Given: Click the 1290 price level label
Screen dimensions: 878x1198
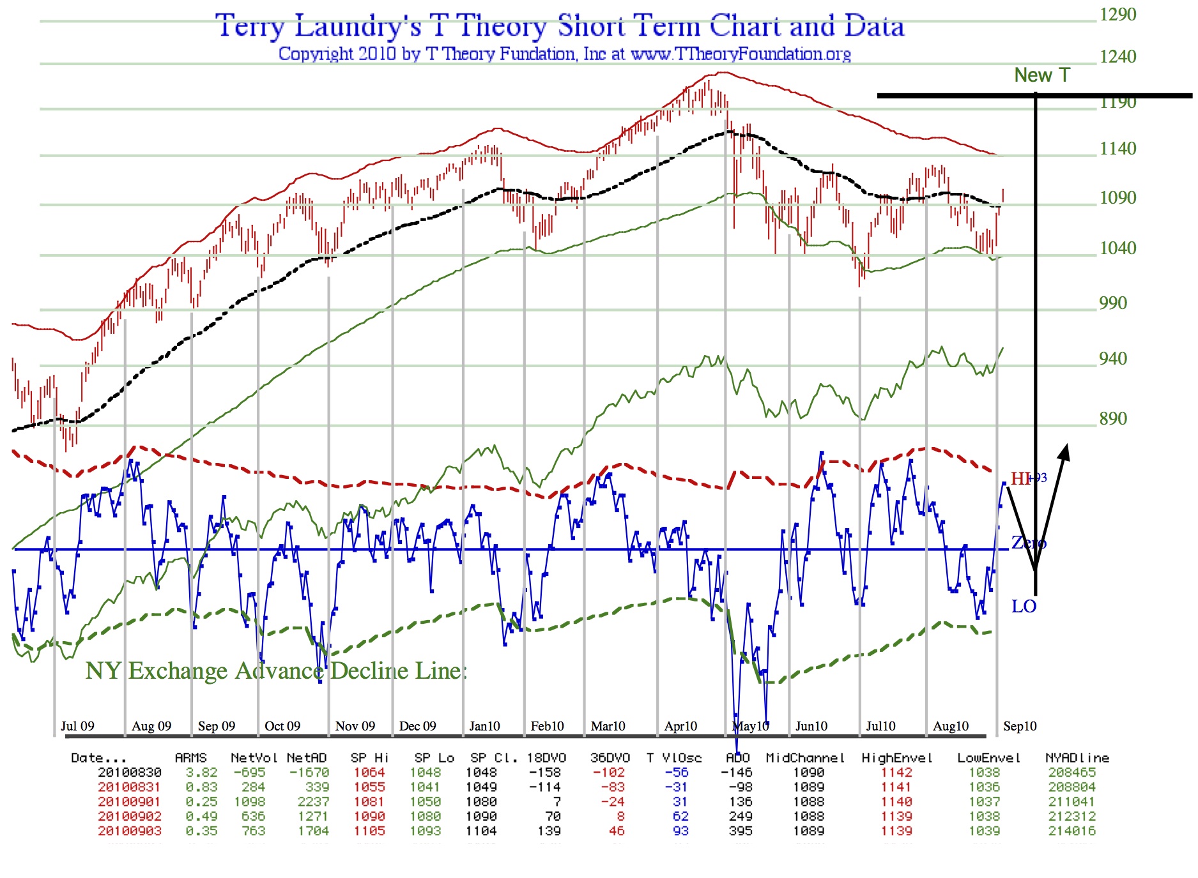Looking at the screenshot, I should click(1117, 15).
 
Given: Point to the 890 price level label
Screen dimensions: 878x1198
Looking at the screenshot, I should click(1113, 419).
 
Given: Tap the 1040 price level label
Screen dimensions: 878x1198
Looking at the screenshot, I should click(1117, 248).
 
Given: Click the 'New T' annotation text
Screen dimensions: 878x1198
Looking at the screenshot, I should click(1041, 75).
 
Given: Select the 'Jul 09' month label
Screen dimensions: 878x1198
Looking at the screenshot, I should click(77, 726).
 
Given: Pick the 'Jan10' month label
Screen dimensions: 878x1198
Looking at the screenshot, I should click(484, 726).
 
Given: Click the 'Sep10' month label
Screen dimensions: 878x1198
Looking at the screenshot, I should click(1020, 726).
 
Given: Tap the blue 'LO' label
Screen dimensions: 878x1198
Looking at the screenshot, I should click(1024, 607).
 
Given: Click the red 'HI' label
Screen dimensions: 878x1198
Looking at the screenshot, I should click(1020, 478).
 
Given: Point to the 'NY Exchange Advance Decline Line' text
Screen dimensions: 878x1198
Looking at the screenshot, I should click(276, 671).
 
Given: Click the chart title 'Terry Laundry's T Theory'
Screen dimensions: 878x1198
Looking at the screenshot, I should click(560, 27).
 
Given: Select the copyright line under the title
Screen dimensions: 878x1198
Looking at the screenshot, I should click(564, 54).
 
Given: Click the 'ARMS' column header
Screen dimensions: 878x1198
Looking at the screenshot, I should click(190, 758).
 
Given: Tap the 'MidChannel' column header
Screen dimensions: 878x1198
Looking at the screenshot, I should click(805, 758).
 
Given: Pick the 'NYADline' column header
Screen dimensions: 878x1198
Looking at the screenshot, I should click(1077, 758).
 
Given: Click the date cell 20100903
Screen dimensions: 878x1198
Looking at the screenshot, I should click(130, 831).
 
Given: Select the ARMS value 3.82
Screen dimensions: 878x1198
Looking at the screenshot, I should click(201, 773).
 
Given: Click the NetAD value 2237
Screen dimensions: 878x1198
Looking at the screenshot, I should click(313, 802).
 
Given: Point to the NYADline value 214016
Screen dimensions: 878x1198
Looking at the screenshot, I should click(1071, 831).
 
